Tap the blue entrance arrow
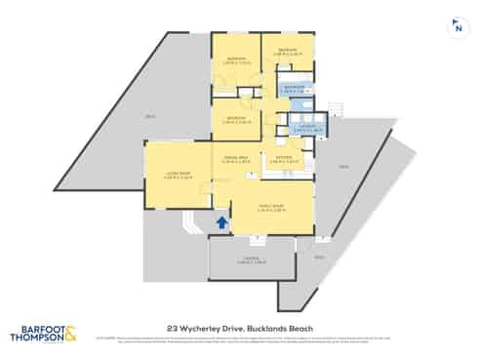(x=221, y=223)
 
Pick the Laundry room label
(x=304, y=128)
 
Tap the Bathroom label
(x=295, y=87)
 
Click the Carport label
(x=252, y=260)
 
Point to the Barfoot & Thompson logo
(x=45, y=333)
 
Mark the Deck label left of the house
(x=149, y=117)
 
